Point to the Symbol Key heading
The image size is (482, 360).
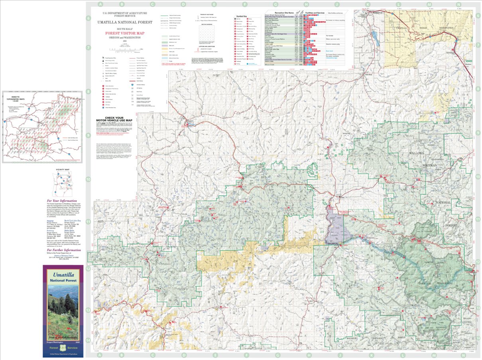coord(242,16)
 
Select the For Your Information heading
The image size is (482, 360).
coord(62,201)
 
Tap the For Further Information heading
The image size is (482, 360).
coord(64,250)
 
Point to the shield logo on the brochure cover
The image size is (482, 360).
coord(63,348)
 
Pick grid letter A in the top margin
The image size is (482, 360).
coord(100,4)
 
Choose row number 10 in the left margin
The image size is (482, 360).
coord(89,179)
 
